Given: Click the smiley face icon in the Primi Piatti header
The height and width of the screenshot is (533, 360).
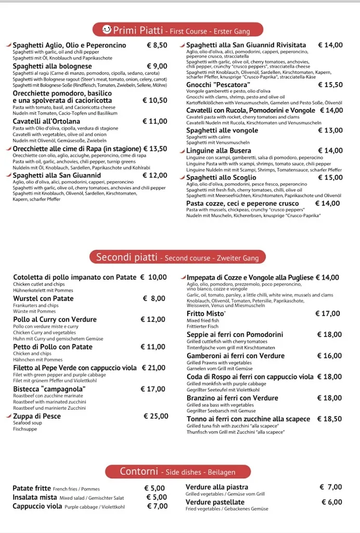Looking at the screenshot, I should tap(107, 29).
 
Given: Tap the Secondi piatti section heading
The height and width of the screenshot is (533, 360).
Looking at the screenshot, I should tap(126, 257).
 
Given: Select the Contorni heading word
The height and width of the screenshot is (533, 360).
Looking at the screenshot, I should tap(138, 472).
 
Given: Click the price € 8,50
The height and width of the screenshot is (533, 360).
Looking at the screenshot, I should tap(157, 45).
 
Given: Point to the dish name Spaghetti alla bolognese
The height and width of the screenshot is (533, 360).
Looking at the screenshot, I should tap(53, 66).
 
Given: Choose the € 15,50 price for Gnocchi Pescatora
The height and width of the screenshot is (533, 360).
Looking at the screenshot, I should tap(330, 85).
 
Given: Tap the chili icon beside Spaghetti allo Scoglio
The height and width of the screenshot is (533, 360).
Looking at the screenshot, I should tap(182, 177).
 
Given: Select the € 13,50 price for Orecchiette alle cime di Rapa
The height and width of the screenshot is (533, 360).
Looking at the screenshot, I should tap(155, 149).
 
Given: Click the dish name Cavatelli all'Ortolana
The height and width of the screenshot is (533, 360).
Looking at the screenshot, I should tap(46, 121).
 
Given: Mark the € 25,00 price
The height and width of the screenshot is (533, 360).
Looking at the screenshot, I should tap(156, 416).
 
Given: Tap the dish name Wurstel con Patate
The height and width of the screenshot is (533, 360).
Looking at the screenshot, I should tap(43, 299).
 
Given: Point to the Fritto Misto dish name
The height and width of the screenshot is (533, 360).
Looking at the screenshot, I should tap(205, 314).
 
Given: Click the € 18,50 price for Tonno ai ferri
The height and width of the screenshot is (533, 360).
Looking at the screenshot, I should tap(329, 419).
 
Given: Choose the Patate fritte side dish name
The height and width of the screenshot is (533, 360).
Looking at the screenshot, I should tap(31, 488).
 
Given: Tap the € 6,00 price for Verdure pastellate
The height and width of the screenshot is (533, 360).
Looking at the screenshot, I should tap(331, 502).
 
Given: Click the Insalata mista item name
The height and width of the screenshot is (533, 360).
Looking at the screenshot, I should tap(35, 497).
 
